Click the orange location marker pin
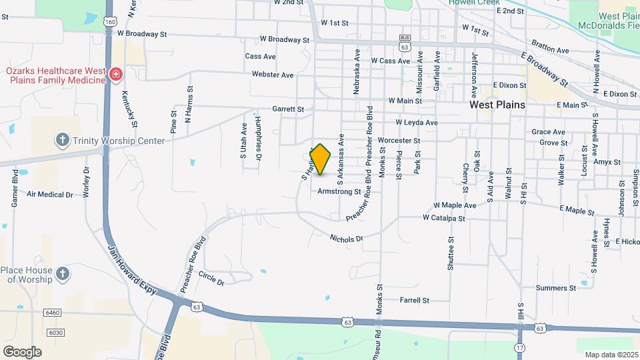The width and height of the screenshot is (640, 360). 321,159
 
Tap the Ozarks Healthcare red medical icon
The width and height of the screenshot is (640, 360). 116,73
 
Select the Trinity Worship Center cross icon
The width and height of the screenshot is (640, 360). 63,140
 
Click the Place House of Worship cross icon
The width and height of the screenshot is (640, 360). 63,273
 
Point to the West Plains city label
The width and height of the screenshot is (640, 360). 497,105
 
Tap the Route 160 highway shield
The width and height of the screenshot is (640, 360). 110,22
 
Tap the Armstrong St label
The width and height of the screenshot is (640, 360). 339,191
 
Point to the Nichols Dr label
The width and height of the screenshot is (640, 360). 346,238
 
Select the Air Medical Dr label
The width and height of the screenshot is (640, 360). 49,195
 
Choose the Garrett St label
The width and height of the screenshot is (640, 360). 288,109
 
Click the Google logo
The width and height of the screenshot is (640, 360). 22,352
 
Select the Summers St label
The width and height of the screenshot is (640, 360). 555,288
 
